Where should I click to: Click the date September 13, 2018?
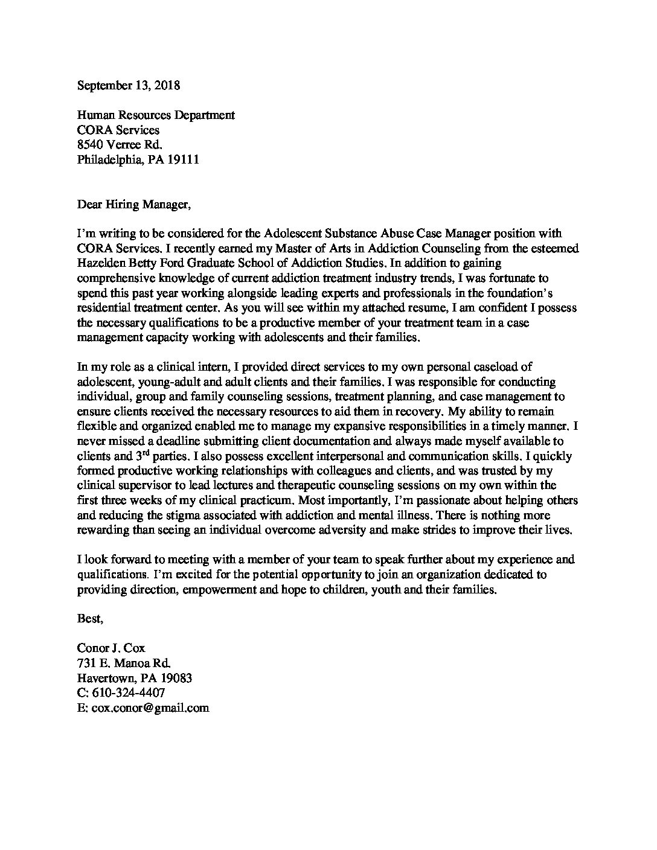[128, 85]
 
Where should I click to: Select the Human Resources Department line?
[156, 115]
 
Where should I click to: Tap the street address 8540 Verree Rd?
[120, 145]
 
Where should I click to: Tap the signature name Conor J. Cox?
[111, 648]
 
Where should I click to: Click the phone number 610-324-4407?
[127, 693]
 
